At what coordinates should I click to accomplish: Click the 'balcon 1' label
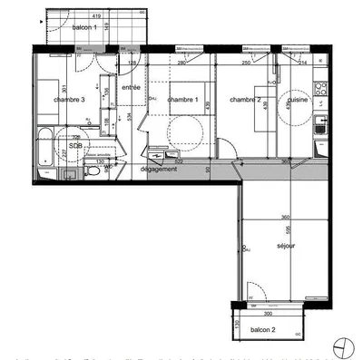pyautogui.click(x=85, y=28)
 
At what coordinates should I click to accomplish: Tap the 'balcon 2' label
pyautogui.click(x=263, y=329)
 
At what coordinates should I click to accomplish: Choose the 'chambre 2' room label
pyautogui.click(x=245, y=99)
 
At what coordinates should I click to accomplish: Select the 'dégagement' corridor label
pyautogui.click(x=158, y=169)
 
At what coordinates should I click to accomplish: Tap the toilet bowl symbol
pyautogui.click(x=93, y=170)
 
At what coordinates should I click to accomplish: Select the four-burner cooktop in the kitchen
pyautogui.click(x=319, y=89)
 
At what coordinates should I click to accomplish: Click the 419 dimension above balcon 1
pyautogui.click(x=95, y=16)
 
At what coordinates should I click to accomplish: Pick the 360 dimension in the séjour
pyautogui.click(x=284, y=218)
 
